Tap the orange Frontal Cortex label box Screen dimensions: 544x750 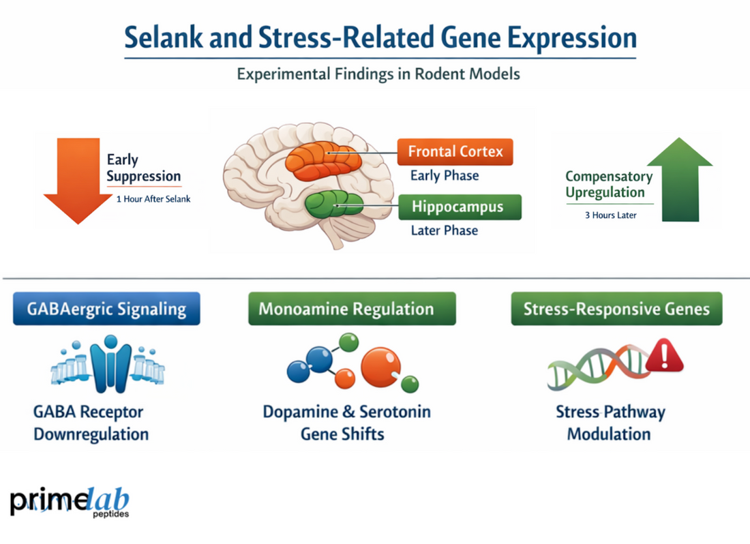pos(455,151)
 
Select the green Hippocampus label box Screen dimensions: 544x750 pos(459,207)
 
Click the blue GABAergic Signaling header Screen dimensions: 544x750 pos(106,309)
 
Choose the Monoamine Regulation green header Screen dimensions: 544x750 pos(351,309)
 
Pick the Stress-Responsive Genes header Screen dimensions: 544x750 pos(616,309)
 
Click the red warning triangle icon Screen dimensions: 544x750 pos(664,358)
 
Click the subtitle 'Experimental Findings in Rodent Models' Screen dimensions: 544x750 pos(378,74)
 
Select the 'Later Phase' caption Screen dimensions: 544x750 pos(444,230)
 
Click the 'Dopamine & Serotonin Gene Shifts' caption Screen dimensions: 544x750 pos(346,423)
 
